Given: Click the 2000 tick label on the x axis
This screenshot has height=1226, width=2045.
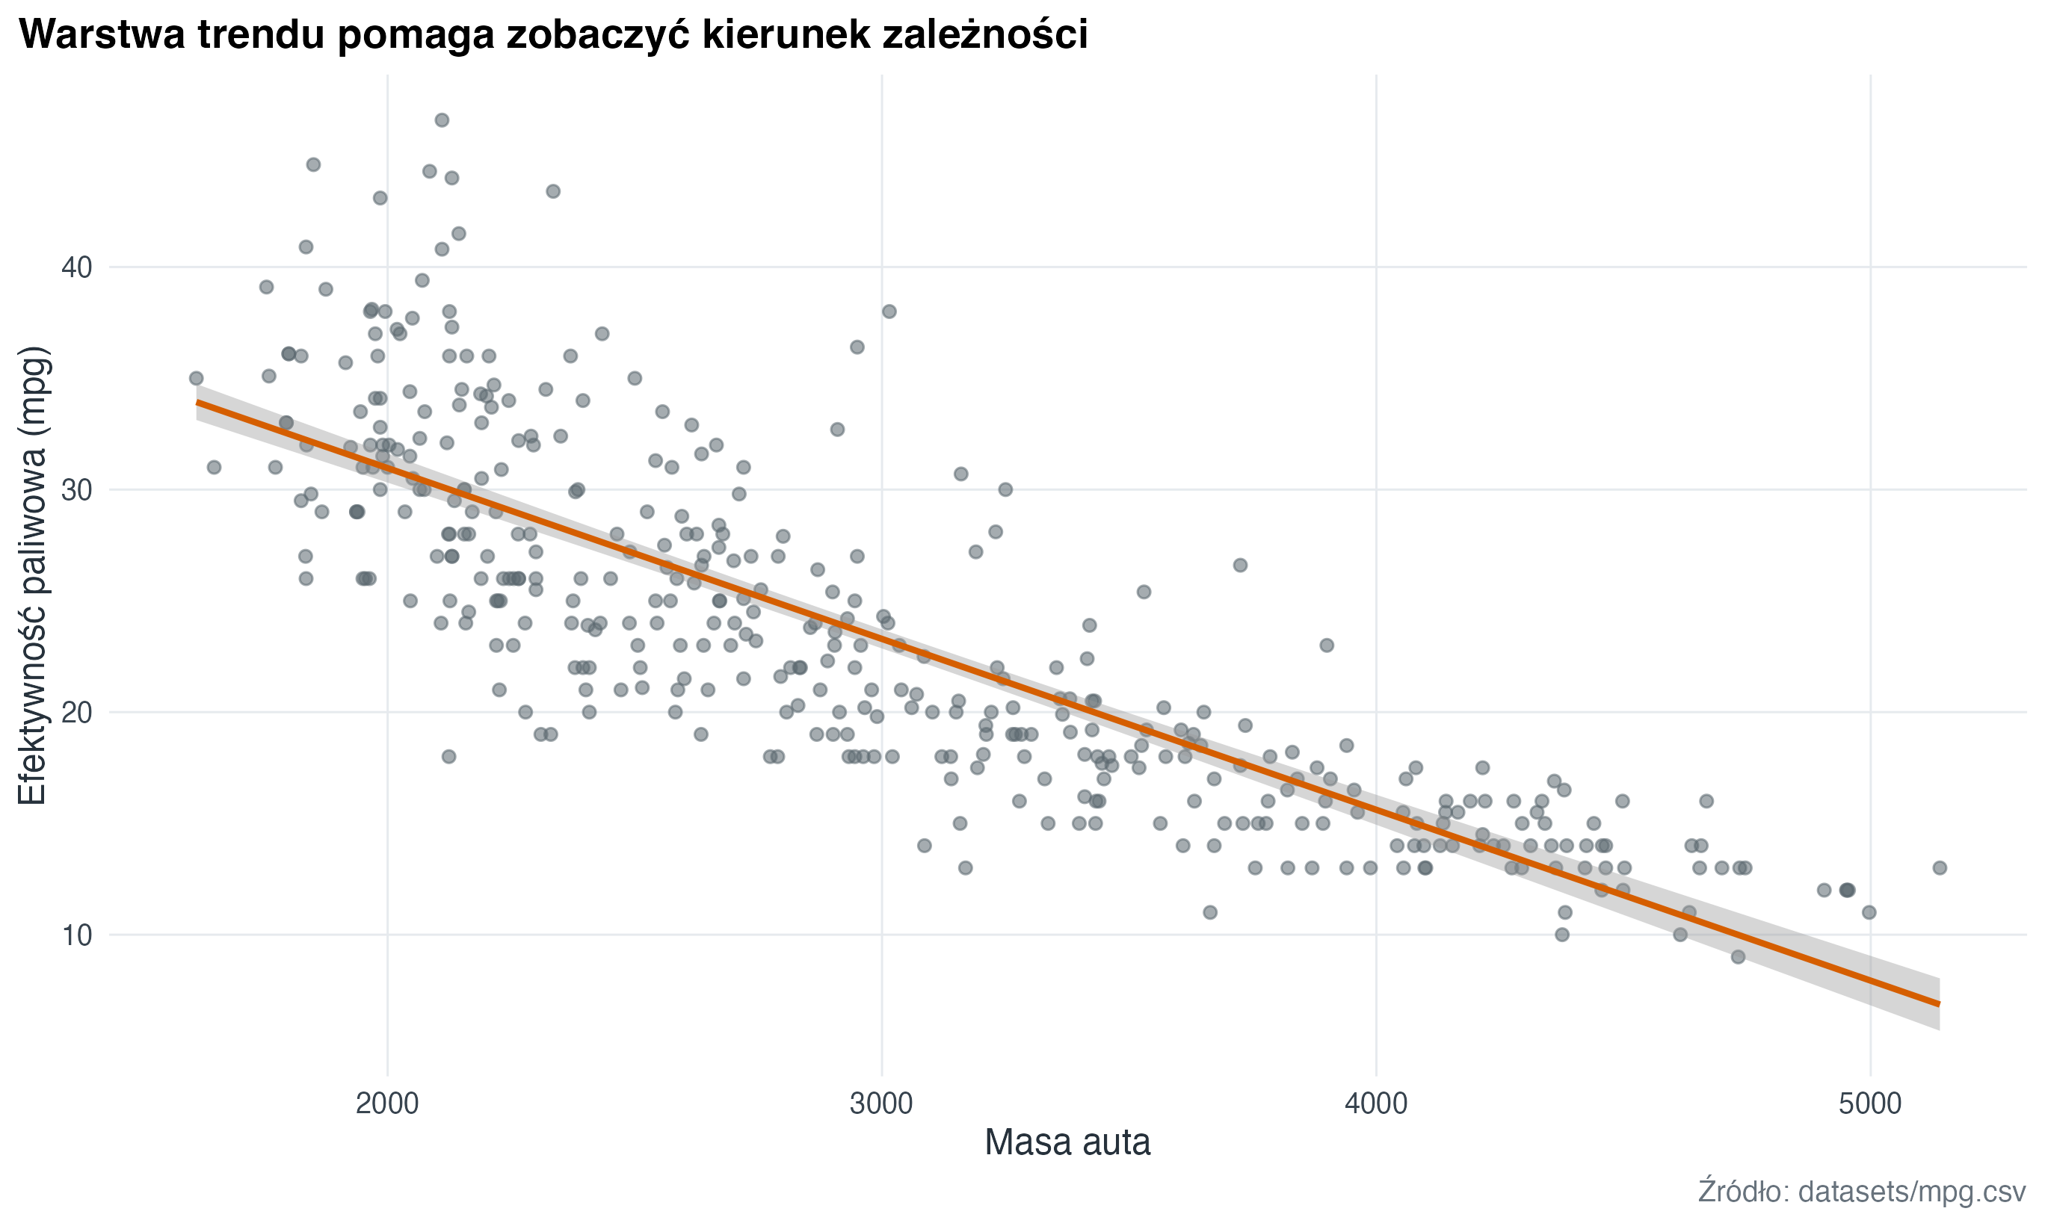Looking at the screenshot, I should pyautogui.click(x=386, y=1104).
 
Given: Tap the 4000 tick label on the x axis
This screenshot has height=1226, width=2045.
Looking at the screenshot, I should pyautogui.click(x=1376, y=1104).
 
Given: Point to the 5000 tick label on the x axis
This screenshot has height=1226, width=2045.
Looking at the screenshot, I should pyautogui.click(x=1870, y=1104).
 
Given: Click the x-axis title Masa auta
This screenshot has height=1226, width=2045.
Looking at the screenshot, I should pyautogui.click(x=1067, y=1142).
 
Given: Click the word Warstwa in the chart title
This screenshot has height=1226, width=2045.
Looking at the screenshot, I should pyautogui.click(x=102, y=34).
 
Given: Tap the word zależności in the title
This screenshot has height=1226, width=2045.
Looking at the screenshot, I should pyautogui.click(x=985, y=34).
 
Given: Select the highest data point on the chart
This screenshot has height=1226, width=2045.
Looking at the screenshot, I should pyautogui.click(x=442, y=120).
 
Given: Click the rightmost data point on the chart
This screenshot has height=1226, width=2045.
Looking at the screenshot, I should pyautogui.click(x=1940, y=867).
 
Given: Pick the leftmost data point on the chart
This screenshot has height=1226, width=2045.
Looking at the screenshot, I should pyautogui.click(x=196, y=378).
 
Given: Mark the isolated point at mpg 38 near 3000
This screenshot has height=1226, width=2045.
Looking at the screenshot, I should pyautogui.click(x=889, y=312).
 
